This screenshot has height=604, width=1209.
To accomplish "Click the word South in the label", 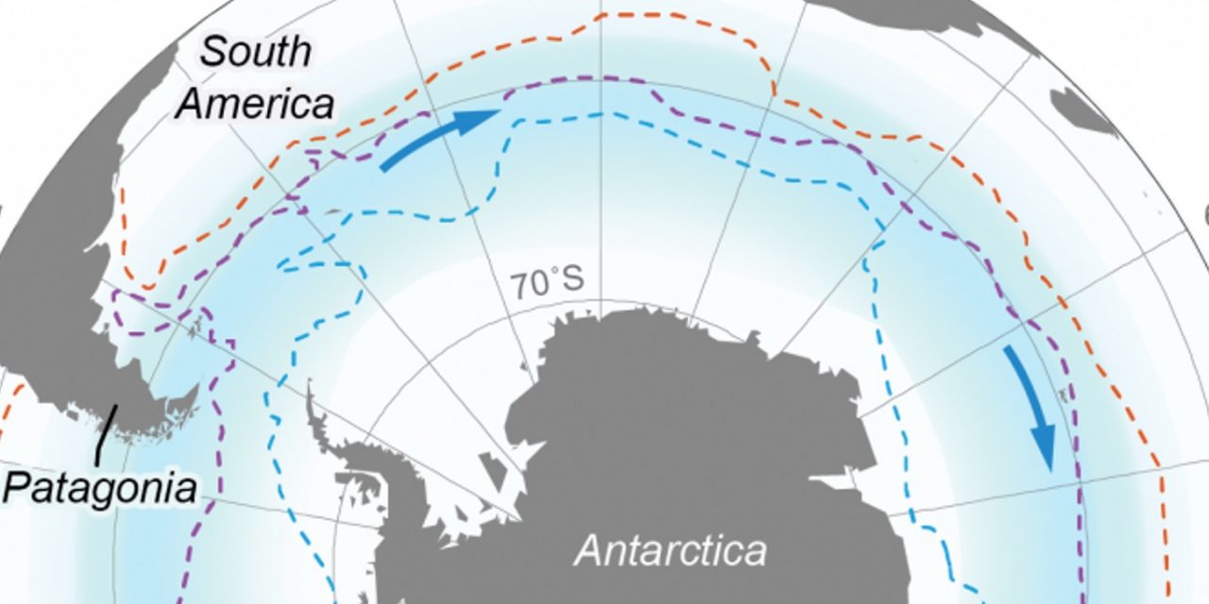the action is point(256,52).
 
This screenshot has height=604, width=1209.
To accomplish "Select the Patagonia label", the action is point(100,489).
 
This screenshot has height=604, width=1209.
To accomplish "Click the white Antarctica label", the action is point(671,549).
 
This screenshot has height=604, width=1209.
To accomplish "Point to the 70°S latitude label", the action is point(547,282).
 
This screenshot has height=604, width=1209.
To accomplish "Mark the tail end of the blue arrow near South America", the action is point(383,169).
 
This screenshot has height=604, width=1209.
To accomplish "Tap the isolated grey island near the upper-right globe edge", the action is point(1086,109).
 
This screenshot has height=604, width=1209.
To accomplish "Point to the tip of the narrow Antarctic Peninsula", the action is point(310,387).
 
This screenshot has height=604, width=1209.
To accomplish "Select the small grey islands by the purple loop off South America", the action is point(196,329).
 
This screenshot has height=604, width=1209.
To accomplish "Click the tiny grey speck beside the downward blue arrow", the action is point(1066,394).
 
